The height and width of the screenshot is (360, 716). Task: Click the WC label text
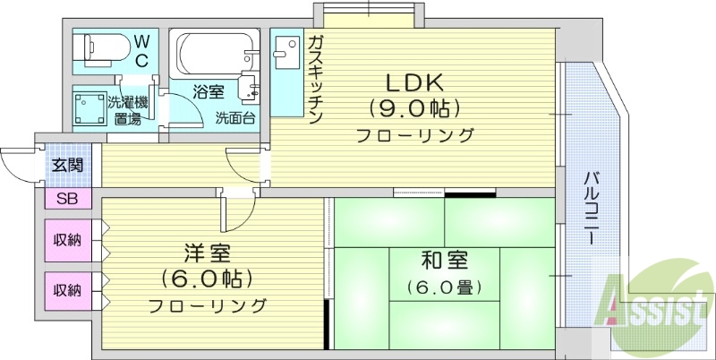point(141,51)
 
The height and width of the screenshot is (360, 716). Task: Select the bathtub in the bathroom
point(210,55)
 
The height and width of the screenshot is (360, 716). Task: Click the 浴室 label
point(208,90)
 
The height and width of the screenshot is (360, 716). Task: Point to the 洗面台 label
point(234,116)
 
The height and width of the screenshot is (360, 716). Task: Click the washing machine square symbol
point(88,107)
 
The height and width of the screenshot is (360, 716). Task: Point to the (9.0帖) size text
point(413,109)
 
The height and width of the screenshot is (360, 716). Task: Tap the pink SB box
point(67,199)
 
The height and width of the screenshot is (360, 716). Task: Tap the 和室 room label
point(445,261)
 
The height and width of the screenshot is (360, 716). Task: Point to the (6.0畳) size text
point(445,287)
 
